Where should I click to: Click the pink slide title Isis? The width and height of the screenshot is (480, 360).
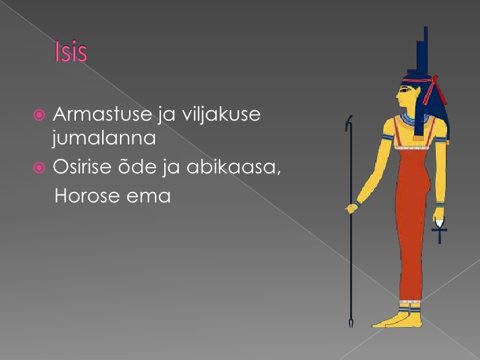coord(71,51)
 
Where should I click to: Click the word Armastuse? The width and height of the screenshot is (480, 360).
coord(103,114)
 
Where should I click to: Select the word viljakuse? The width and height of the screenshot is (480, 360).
coord(221,114)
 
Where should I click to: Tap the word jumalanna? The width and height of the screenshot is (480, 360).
coord(104,137)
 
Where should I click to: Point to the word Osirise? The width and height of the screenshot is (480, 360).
coord(82,167)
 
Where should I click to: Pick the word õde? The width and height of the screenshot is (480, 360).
coord(138,166)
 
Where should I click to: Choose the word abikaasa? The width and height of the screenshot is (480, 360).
coord(233,167)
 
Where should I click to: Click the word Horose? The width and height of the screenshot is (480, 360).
coord(87,196)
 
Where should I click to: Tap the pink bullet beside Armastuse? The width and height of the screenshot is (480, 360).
coord(39,115)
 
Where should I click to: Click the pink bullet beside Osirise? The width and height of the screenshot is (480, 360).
coord(39,167)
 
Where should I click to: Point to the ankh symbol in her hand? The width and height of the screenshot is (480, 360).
coord(440,232)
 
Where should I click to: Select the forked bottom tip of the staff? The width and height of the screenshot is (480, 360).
coord(351,323)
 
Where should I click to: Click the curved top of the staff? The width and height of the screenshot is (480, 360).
coord(348,123)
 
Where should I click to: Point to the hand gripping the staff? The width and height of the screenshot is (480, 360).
coord(351,208)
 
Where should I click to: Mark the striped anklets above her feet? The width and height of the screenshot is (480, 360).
coord(409,307)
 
